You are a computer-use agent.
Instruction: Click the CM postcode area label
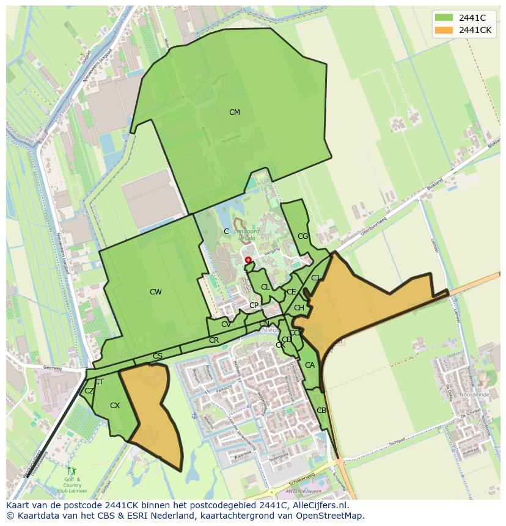click(x=235, y=112)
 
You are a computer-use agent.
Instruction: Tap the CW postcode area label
click(x=156, y=292)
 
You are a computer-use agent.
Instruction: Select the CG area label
click(x=303, y=236)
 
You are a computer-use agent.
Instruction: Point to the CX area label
click(x=115, y=406)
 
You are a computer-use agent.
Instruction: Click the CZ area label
click(x=89, y=391)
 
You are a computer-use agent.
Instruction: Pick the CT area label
click(x=99, y=382)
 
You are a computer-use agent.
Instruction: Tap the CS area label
click(x=158, y=356)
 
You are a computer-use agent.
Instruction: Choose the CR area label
click(x=214, y=340)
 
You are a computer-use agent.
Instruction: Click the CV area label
click(x=226, y=324)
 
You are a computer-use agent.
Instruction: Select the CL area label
click(x=265, y=287)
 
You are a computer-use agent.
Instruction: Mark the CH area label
click(x=299, y=308)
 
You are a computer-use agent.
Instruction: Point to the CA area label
click(x=310, y=365)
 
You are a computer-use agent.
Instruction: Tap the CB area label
click(x=321, y=411)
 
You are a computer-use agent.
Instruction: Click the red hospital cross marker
click(x=248, y=260)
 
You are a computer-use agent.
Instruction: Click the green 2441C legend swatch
click(x=444, y=18)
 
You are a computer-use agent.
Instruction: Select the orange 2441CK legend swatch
click(x=444, y=30)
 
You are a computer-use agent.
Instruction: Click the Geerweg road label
click(x=54, y=368)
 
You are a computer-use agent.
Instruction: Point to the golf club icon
click(x=72, y=471)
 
